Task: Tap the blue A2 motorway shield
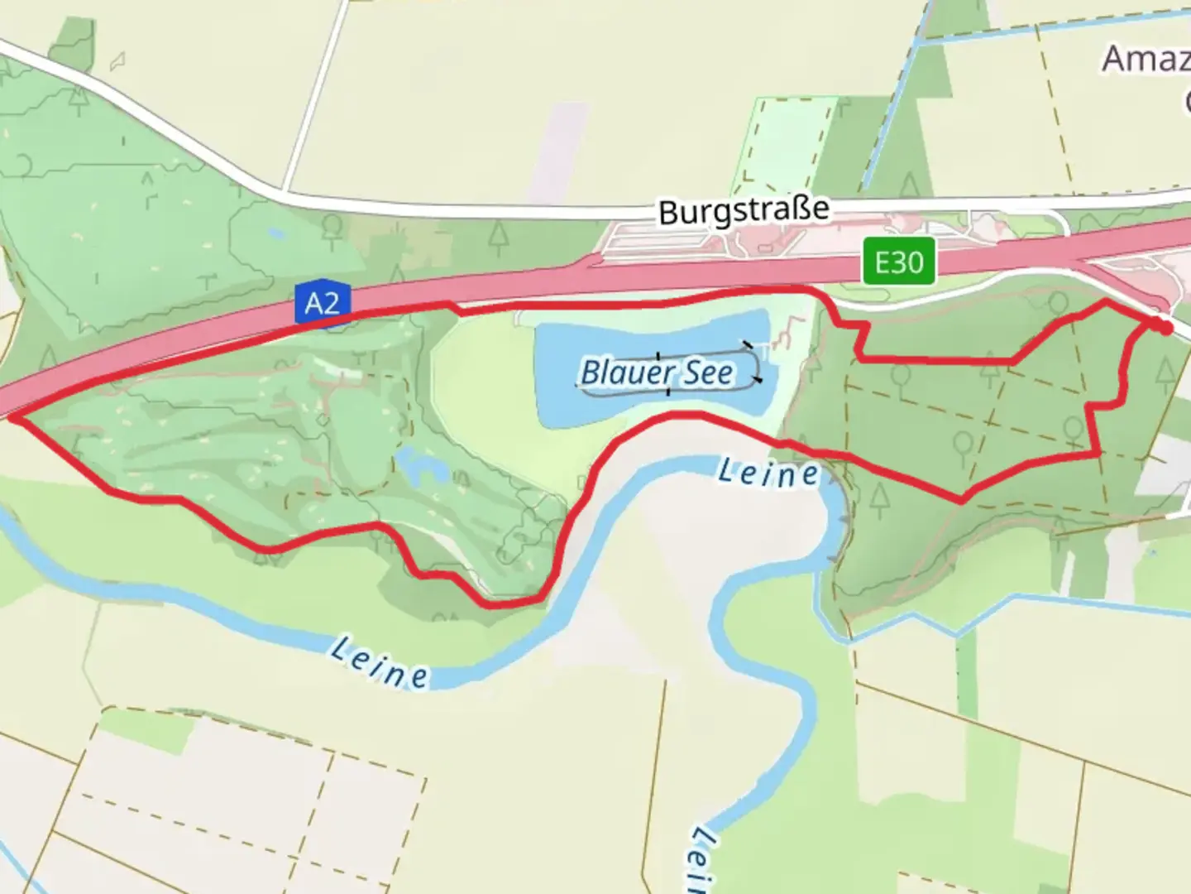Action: (323, 303)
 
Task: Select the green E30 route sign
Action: (899, 262)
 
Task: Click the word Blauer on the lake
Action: (618, 372)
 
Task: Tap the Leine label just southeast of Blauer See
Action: (768, 473)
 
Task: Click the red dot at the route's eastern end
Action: (1165, 327)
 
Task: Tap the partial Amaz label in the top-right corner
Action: (1146, 59)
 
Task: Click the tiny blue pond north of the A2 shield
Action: (275, 234)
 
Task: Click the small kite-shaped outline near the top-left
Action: (118, 60)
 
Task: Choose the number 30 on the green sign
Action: (911, 262)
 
